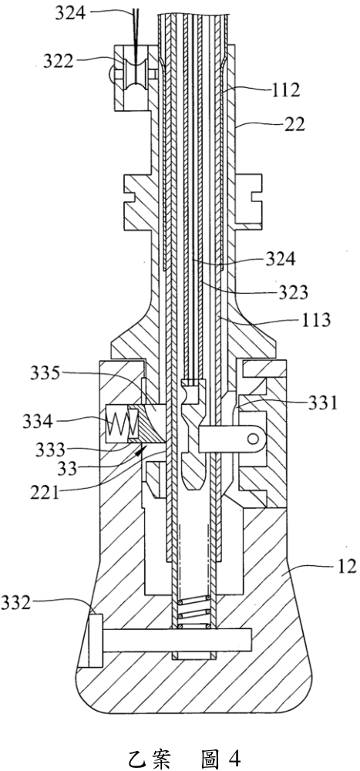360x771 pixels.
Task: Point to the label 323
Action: click(292, 292)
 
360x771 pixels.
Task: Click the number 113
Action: click(315, 321)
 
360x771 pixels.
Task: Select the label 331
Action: click(323, 403)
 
